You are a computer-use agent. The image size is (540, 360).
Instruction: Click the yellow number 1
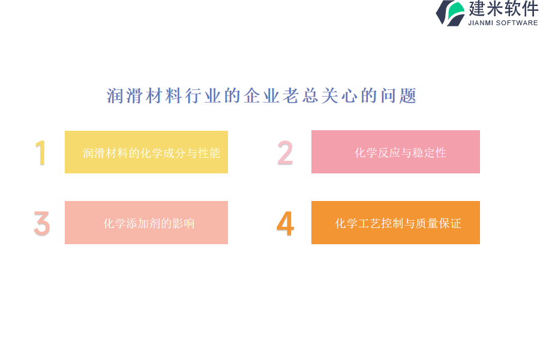(41, 152)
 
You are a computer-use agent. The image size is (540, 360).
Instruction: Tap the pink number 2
(285, 152)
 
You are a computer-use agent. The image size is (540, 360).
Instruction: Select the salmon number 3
(42, 223)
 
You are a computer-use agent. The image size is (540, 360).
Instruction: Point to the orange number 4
(285, 223)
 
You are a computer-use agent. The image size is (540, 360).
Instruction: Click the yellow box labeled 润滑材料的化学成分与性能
(146, 152)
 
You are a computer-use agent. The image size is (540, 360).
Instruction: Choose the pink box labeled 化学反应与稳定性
(395, 152)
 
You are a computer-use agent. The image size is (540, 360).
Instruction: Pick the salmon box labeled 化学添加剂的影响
(146, 223)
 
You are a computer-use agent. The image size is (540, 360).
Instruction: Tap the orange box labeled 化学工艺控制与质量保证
(395, 223)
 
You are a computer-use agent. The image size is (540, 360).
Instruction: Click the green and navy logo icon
(451, 13)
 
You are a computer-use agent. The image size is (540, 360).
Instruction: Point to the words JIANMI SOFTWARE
(503, 23)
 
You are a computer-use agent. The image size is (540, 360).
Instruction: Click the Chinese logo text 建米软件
(503, 8)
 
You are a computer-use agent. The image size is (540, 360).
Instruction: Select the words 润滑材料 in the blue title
(144, 95)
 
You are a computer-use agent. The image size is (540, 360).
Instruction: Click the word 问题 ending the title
(399, 95)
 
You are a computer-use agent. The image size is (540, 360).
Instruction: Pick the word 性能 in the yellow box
(209, 153)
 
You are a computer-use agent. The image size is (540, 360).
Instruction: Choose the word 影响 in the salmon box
(184, 224)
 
